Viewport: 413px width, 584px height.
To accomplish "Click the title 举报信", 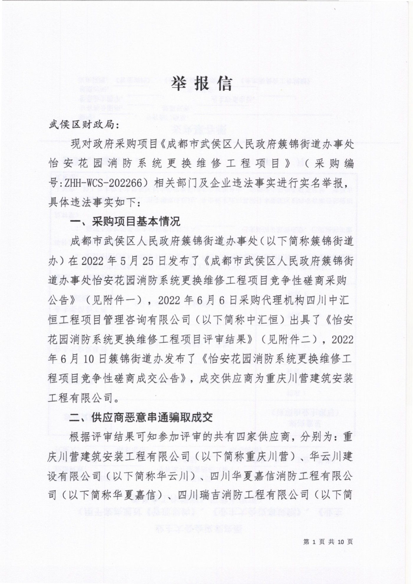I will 202,84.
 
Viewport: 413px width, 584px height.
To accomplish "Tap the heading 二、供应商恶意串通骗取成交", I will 141,417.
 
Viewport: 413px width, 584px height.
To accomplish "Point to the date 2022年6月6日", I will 194,300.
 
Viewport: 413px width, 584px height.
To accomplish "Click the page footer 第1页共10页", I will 328,541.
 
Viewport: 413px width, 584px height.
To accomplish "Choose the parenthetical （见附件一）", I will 115,300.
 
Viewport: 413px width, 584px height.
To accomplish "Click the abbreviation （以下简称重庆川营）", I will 245,456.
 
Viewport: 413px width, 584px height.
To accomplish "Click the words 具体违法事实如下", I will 92,203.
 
